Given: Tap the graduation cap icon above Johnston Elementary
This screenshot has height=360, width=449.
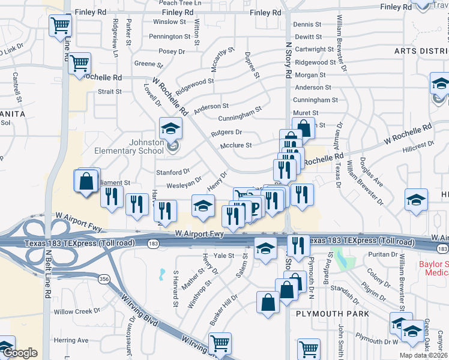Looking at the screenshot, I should [x=170, y=128].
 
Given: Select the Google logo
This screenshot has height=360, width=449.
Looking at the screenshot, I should [x=20, y=353].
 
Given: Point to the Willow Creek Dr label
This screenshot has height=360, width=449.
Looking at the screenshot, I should [x=77, y=311].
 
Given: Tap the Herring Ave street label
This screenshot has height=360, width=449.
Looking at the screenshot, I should [x=71, y=340].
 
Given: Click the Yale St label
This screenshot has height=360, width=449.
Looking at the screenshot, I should [x=223, y=256].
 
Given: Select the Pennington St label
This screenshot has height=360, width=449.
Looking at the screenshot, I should [x=170, y=37].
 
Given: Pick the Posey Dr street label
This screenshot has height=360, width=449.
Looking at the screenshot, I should [x=172, y=52].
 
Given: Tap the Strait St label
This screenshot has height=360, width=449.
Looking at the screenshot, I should [x=110, y=92].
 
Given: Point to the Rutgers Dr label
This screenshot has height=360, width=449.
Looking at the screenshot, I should [x=226, y=132].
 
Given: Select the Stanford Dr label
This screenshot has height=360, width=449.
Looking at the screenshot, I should [x=173, y=172].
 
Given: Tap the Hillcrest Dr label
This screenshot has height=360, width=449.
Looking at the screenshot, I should [x=418, y=145].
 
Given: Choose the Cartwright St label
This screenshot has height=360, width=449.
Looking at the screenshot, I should [x=315, y=49].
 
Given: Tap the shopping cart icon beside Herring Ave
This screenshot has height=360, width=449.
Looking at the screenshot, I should [x=220, y=343].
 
